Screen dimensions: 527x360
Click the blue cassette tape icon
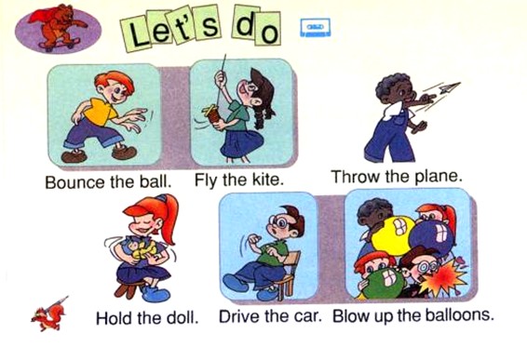click(316, 28)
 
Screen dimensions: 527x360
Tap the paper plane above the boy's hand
click(450, 87)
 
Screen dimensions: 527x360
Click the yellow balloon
click(393, 234)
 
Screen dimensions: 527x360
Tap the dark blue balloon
click(430, 237)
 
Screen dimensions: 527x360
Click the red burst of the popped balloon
click(442, 277)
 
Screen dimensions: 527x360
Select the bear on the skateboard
click(58, 26)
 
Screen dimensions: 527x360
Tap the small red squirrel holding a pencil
click(49, 315)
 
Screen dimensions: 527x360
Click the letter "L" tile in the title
click(137, 33)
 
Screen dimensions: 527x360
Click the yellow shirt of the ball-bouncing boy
click(100, 111)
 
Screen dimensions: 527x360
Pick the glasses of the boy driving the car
click(280, 221)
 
